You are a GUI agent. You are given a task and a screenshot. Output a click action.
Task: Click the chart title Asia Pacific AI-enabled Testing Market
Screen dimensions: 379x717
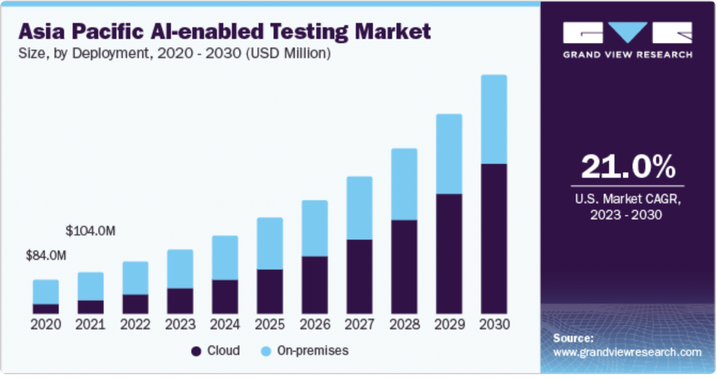coord(224,32)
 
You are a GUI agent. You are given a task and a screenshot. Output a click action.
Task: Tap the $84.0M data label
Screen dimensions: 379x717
coord(46,256)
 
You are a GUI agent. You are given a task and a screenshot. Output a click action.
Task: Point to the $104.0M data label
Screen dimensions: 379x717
coord(90,231)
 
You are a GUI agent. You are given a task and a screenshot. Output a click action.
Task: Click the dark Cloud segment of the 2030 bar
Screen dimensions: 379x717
coord(494,239)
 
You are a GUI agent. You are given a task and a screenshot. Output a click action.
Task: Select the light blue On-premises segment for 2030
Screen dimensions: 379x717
coord(494,119)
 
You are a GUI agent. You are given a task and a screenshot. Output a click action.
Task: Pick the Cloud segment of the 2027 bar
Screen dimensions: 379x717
coord(359,277)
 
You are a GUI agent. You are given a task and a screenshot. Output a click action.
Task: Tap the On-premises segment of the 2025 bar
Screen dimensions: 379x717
coord(270,243)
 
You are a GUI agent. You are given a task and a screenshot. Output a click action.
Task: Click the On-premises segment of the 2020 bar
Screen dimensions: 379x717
coord(46,292)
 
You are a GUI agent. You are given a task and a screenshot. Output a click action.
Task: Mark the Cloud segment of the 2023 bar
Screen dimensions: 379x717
coord(180,301)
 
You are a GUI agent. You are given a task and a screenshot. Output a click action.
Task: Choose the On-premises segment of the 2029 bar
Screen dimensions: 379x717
coord(449,154)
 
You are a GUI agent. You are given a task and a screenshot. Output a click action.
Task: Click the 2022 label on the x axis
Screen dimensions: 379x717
coord(135,325)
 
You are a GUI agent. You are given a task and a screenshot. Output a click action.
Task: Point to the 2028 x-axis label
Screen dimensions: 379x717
coord(404,325)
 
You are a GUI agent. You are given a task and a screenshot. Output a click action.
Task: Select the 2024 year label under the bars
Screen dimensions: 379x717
coord(225,325)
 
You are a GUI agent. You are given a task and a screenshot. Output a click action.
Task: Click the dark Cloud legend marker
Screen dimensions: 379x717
coord(196,351)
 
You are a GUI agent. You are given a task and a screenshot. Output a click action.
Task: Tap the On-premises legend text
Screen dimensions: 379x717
coord(313,351)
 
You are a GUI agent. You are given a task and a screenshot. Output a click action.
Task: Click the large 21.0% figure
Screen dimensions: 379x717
coord(628,167)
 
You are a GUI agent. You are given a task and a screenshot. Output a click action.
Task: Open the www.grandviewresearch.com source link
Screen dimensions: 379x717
coord(627,352)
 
